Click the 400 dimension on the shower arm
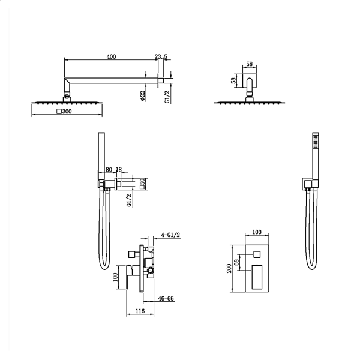tap(112, 56)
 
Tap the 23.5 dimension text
tap(161, 56)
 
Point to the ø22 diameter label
tap(143, 96)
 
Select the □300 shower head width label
tap(64, 112)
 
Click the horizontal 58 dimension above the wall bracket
tap(250, 64)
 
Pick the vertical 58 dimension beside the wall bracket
tap(233, 80)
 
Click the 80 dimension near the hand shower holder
tap(109, 170)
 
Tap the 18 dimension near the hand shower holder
tap(119, 170)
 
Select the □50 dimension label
tap(143, 184)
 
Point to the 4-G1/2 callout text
tap(170, 235)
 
